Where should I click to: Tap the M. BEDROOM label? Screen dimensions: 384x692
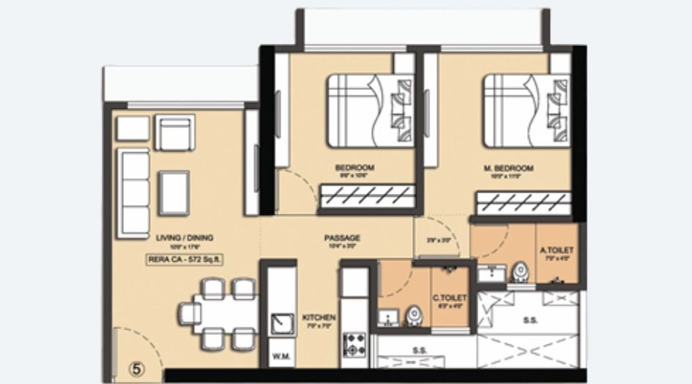tap(508, 168)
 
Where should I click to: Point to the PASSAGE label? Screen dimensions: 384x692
tap(342, 238)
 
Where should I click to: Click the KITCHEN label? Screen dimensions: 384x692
tap(319, 317)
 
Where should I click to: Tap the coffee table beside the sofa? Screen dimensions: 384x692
tap(174, 192)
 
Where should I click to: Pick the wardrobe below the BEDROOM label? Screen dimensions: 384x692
tap(367, 195)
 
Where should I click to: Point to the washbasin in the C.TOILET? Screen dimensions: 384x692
tap(388, 317)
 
